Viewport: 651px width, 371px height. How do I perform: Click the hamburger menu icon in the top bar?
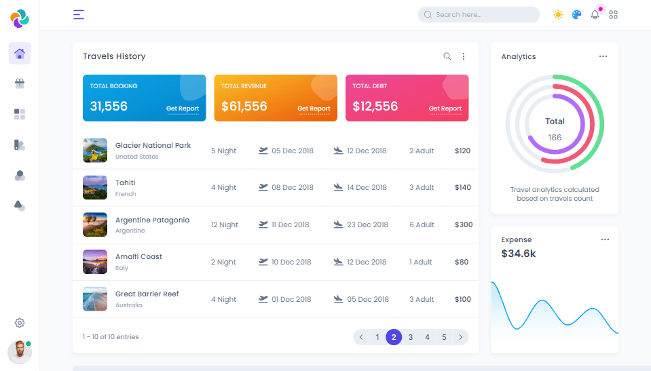(79, 14)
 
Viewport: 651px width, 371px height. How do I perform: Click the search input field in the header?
(479, 14)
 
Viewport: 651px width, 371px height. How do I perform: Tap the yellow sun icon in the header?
(558, 14)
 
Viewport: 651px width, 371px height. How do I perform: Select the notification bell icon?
(595, 14)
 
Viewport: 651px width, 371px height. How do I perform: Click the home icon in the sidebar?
(20, 54)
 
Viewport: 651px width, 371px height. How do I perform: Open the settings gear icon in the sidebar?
(20, 323)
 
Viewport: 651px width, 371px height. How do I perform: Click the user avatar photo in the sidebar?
(19, 352)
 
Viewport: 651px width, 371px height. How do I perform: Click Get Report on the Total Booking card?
(183, 109)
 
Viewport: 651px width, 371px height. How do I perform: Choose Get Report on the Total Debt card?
(445, 109)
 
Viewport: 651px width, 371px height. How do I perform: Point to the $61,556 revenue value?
(244, 106)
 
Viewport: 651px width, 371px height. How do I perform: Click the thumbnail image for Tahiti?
(95, 187)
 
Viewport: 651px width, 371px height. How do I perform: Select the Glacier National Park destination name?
(153, 145)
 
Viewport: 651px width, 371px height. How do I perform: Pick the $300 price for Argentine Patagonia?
(464, 224)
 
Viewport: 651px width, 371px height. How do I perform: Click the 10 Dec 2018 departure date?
(291, 262)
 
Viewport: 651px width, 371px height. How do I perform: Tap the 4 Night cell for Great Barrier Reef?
(223, 299)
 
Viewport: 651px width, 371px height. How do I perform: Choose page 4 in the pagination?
(427, 337)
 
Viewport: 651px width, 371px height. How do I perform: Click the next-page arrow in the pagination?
(460, 337)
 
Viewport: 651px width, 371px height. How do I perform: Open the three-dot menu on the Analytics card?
(603, 56)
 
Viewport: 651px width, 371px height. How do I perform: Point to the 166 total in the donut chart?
(555, 138)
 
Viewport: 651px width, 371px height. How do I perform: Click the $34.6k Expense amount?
(519, 254)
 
